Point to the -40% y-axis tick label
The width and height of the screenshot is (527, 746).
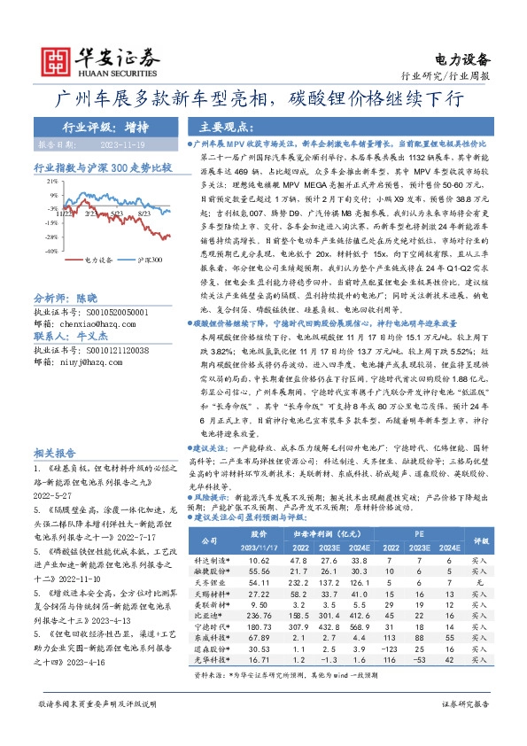tap(51, 251)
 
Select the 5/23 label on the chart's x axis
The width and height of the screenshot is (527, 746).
tap(114, 214)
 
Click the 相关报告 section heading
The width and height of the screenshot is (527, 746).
tap(57, 449)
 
